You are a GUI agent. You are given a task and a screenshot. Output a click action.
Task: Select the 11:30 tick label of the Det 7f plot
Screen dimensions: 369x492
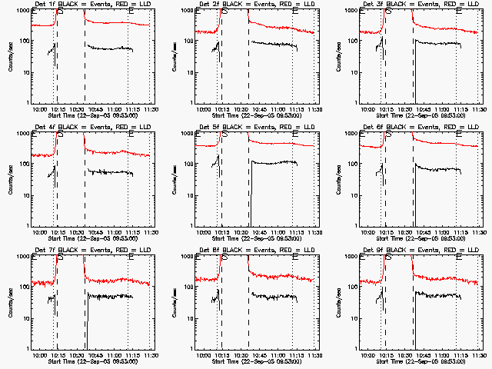coord(151,355)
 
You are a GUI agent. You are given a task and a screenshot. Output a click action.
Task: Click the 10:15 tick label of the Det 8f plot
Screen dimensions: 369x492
coord(221,355)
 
